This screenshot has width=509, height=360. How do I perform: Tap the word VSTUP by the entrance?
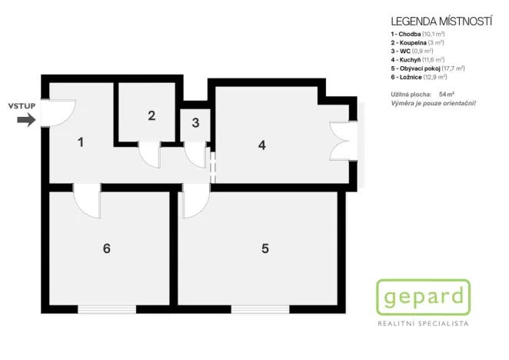(21, 105)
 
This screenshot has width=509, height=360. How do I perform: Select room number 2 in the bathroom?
(151, 115)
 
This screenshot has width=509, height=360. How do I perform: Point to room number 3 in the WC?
(195, 122)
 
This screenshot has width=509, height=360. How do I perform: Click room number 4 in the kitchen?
(262, 144)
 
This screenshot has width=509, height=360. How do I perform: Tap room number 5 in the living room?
(264, 248)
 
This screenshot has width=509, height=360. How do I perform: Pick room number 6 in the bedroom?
(107, 248)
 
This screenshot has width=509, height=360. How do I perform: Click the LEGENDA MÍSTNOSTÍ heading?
(441, 21)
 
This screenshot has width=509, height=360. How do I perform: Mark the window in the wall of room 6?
(107, 309)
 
